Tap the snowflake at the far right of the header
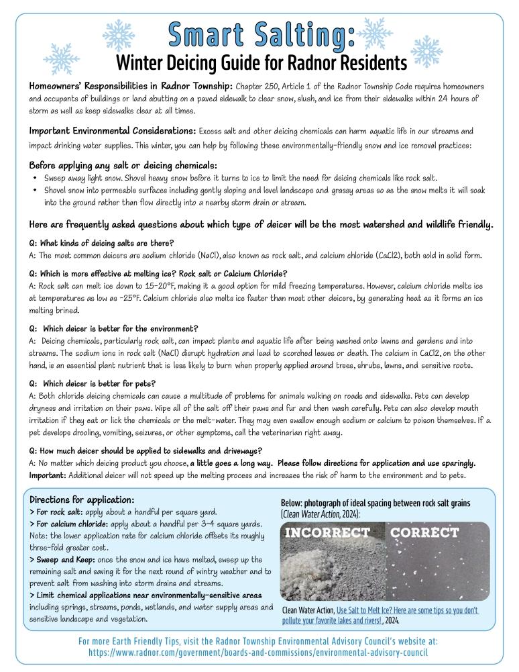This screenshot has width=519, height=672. [426, 50]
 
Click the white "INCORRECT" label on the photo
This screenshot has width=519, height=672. [329, 533]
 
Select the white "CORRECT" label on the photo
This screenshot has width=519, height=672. [425, 533]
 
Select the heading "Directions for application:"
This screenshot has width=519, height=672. [82, 500]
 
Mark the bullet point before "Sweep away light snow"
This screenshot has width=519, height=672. [35, 179]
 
